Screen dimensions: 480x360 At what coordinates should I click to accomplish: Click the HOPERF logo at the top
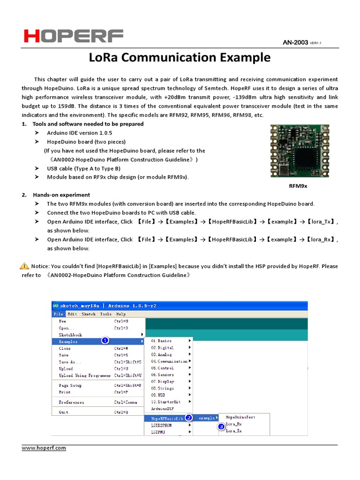click(74, 36)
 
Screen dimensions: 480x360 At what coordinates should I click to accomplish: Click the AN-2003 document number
click(295, 43)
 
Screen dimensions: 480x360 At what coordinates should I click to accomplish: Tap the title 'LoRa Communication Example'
click(180, 58)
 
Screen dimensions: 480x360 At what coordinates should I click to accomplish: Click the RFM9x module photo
click(300, 150)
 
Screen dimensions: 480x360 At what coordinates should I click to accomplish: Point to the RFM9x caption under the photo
click(300, 186)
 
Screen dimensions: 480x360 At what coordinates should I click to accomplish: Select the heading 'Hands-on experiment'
click(61, 195)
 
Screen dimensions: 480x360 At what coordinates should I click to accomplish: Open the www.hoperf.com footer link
click(44, 448)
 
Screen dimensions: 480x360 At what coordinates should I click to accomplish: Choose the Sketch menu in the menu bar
click(88, 314)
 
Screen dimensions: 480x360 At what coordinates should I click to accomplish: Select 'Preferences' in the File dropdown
click(71, 402)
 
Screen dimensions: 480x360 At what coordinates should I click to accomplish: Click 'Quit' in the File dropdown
click(63, 412)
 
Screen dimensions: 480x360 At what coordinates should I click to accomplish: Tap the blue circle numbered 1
click(105, 341)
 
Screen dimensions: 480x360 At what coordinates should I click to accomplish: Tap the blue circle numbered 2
click(188, 417)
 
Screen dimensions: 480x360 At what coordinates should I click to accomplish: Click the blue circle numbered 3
click(221, 427)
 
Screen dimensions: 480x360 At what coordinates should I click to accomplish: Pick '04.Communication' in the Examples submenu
click(169, 361)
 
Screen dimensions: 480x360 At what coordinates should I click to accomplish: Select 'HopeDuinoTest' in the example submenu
click(240, 417)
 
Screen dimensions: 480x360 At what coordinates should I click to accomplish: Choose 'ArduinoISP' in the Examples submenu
click(163, 409)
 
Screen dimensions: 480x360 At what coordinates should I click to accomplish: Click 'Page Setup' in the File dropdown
click(70, 385)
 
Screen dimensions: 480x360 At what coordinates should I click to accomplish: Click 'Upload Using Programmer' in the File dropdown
click(85, 375)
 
